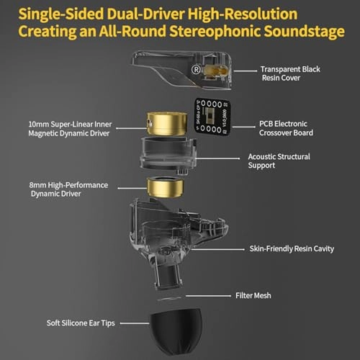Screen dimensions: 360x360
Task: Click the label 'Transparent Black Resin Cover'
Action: pos(290,74)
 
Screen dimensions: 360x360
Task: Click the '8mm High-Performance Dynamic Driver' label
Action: pos(70,189)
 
